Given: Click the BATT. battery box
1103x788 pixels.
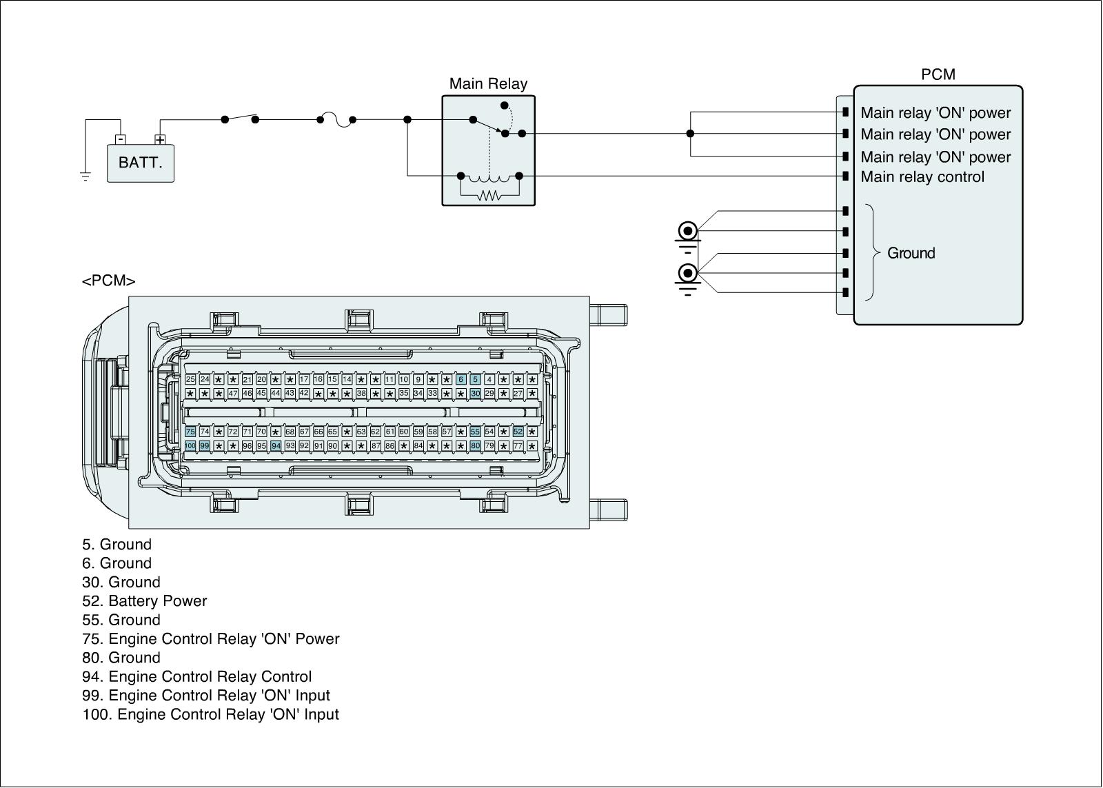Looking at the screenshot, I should pos(141,163).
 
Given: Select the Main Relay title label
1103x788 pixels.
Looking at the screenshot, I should pos(488,84).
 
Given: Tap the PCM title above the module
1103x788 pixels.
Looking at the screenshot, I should pos(938,74).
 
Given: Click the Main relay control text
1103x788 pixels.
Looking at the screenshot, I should pos(922,177).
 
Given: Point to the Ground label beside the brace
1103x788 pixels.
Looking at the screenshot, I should pos(911,253).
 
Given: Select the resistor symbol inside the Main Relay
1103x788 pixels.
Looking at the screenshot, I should pos(489,196).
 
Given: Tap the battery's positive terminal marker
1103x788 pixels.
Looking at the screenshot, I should pos(160,140).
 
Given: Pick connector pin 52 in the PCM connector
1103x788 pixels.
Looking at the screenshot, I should pos(518,432).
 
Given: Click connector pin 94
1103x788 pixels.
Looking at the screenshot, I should pos(276,446).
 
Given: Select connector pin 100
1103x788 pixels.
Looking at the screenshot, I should pos(190,446).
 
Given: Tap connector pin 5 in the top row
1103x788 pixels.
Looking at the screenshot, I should pos(475,379).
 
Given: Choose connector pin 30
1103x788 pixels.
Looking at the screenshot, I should pos(475,393).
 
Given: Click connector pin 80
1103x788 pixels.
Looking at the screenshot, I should pos(475,446).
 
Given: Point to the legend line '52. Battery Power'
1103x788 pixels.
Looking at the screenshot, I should pos(144,601).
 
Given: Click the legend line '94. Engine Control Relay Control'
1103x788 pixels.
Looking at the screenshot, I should pos(196,677).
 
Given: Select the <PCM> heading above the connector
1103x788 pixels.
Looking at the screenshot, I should pos(108,281).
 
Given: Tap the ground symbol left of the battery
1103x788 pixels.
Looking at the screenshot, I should pos(85,176).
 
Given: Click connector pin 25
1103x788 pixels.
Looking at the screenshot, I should pos(190,379).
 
